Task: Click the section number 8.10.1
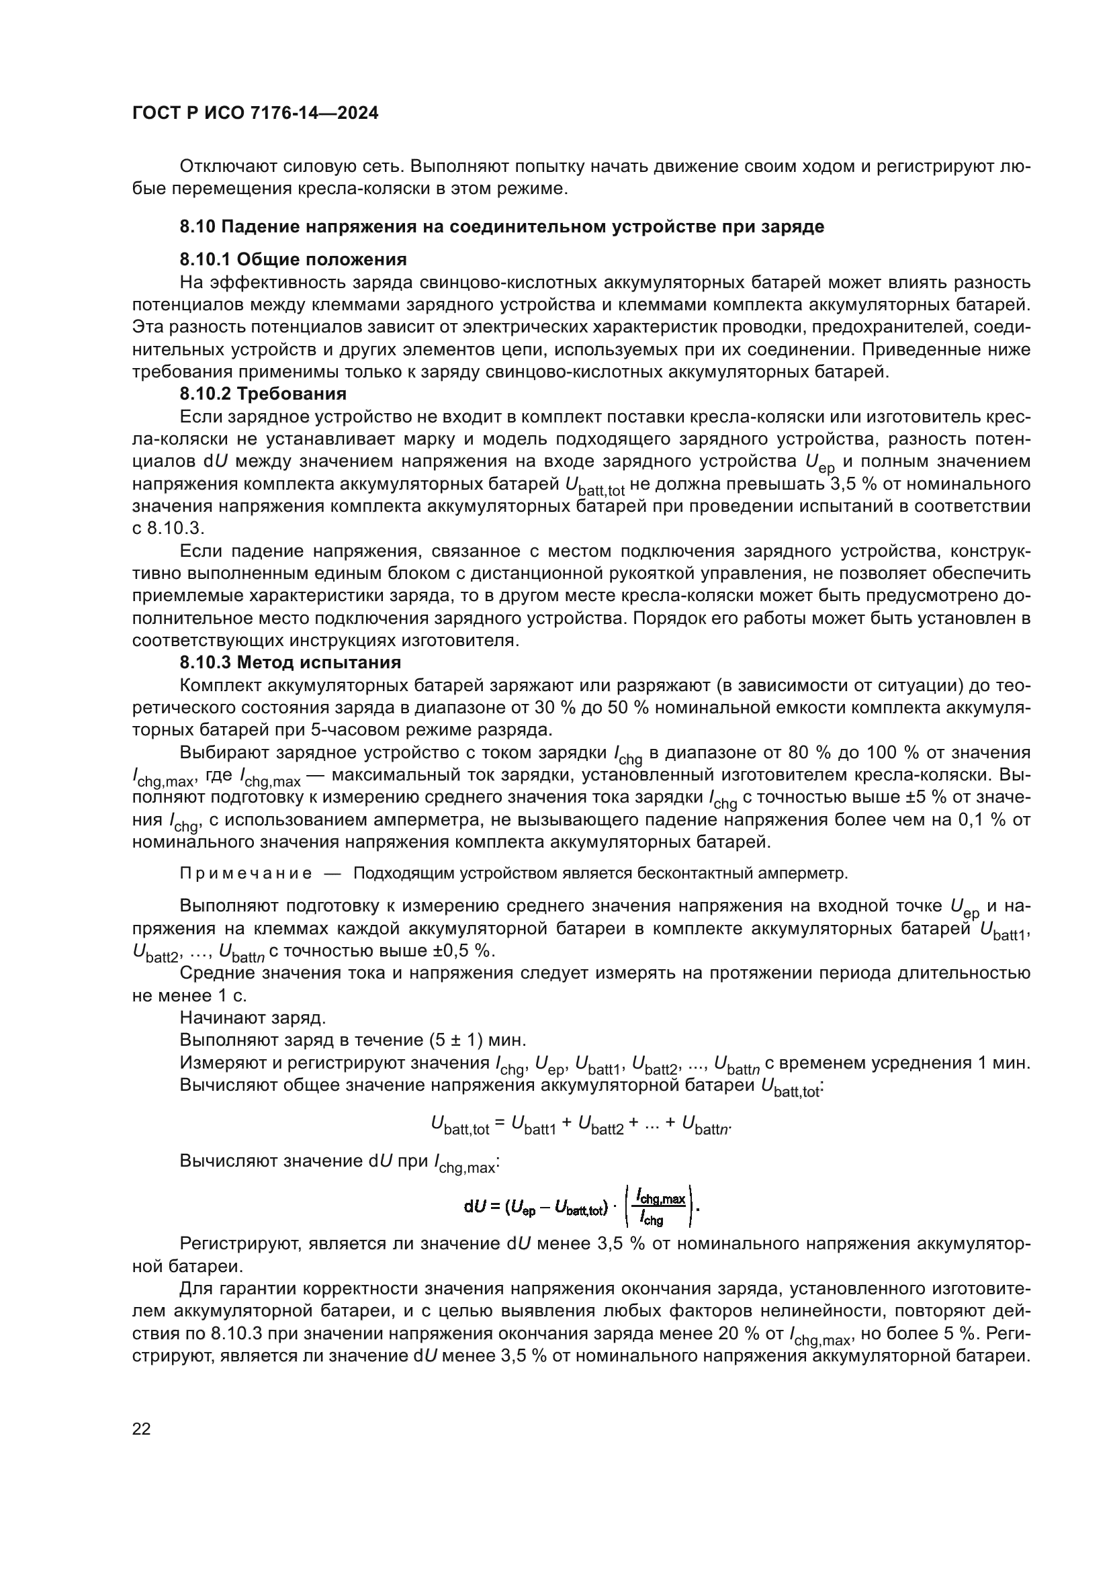pyautogui.click(x=205, y=259)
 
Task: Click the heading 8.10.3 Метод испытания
pyautogui.click(x=290, y=662)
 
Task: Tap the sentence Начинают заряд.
pyautogui.click(x=253, y=1018)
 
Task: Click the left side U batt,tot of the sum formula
pyautogui.click(x=459, y=1124)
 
